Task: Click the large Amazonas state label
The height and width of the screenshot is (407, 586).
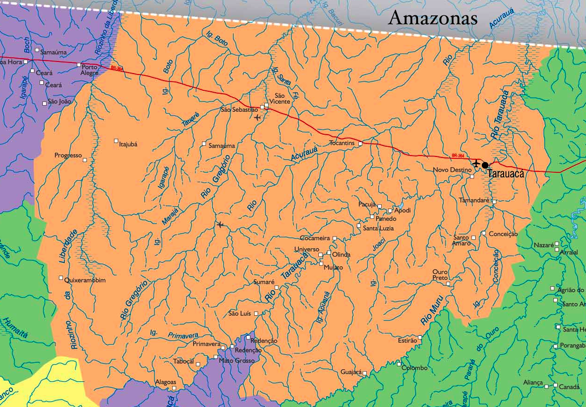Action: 433,18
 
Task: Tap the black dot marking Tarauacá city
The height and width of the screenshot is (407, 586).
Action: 485,165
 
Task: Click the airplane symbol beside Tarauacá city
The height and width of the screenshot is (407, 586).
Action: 476,163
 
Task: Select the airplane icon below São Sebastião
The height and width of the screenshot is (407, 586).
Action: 258,117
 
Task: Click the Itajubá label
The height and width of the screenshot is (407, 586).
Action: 128,144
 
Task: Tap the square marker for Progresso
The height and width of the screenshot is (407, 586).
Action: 85,160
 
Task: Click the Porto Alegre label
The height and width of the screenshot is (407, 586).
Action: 90,70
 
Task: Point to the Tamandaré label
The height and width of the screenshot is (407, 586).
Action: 474,200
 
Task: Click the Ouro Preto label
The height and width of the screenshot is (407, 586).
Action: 440,275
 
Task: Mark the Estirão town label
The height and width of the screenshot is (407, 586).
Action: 407,340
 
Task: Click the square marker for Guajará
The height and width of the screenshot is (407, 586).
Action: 365,373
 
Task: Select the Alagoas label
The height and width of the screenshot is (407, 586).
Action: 166,382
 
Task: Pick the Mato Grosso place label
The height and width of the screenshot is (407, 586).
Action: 236,360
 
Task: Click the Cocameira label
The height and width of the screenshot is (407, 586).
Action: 315,238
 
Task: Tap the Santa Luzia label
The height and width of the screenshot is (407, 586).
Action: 378,228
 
